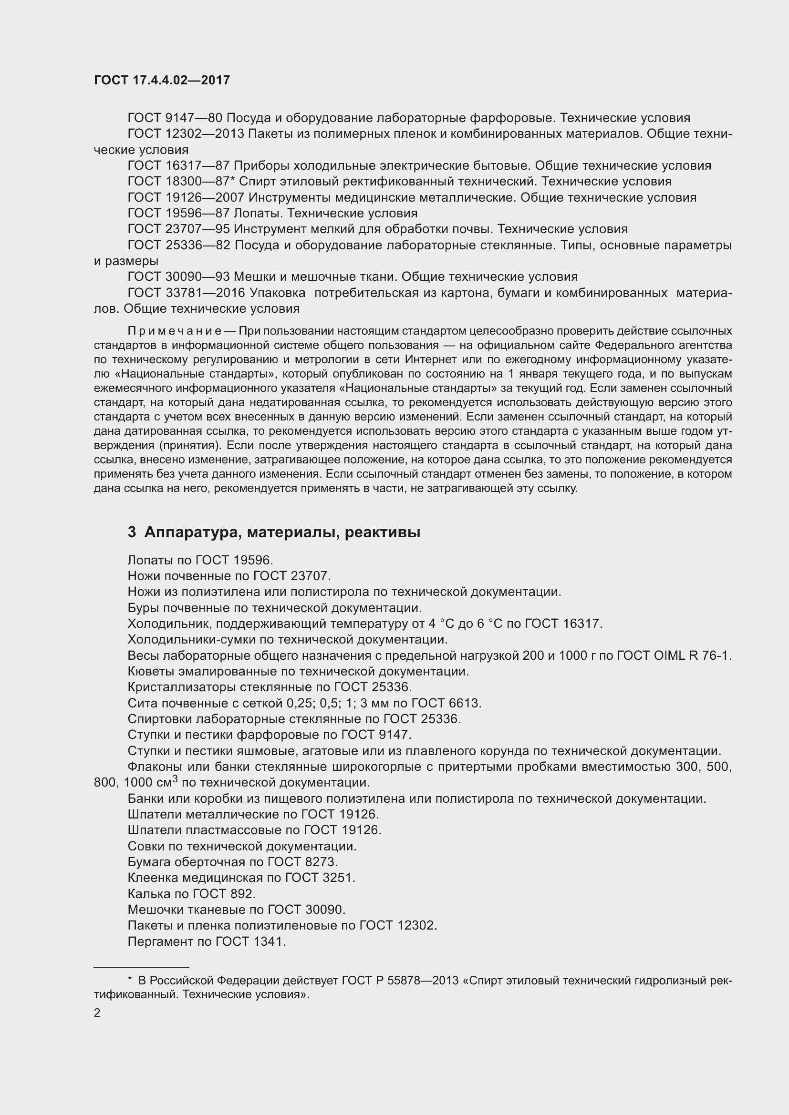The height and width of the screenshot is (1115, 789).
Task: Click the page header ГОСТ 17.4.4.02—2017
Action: tap(162, 81)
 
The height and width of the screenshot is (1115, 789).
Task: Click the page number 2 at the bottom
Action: tap(97, 1013)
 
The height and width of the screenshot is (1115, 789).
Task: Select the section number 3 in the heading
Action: tap(132, 532)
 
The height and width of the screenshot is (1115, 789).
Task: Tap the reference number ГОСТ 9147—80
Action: tap(175, 118)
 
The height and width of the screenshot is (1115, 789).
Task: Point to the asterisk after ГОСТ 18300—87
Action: tap(232, 180)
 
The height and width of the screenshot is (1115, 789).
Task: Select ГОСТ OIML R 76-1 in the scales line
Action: tap(674, 655)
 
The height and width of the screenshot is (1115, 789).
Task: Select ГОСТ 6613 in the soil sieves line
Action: tap(446, 703)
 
